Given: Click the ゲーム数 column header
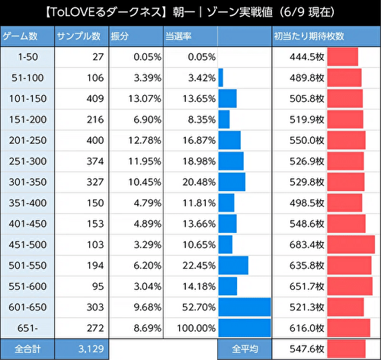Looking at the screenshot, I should [x=27, y=37].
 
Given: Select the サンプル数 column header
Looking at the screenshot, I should [x=81, y=37].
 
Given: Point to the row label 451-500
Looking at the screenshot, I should [x=27, y=244].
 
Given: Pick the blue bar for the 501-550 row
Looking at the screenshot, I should [x=233, y=265].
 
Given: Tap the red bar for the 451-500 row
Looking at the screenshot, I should [x=351, y=244].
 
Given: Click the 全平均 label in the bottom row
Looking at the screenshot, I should [x=245, y=349].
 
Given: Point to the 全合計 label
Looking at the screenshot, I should [x=27, y=349].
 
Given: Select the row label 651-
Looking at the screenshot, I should [x=27, y=327].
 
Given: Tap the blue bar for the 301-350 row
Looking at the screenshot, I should [x=232, y=182].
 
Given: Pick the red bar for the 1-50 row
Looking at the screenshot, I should [x=342, y=57].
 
